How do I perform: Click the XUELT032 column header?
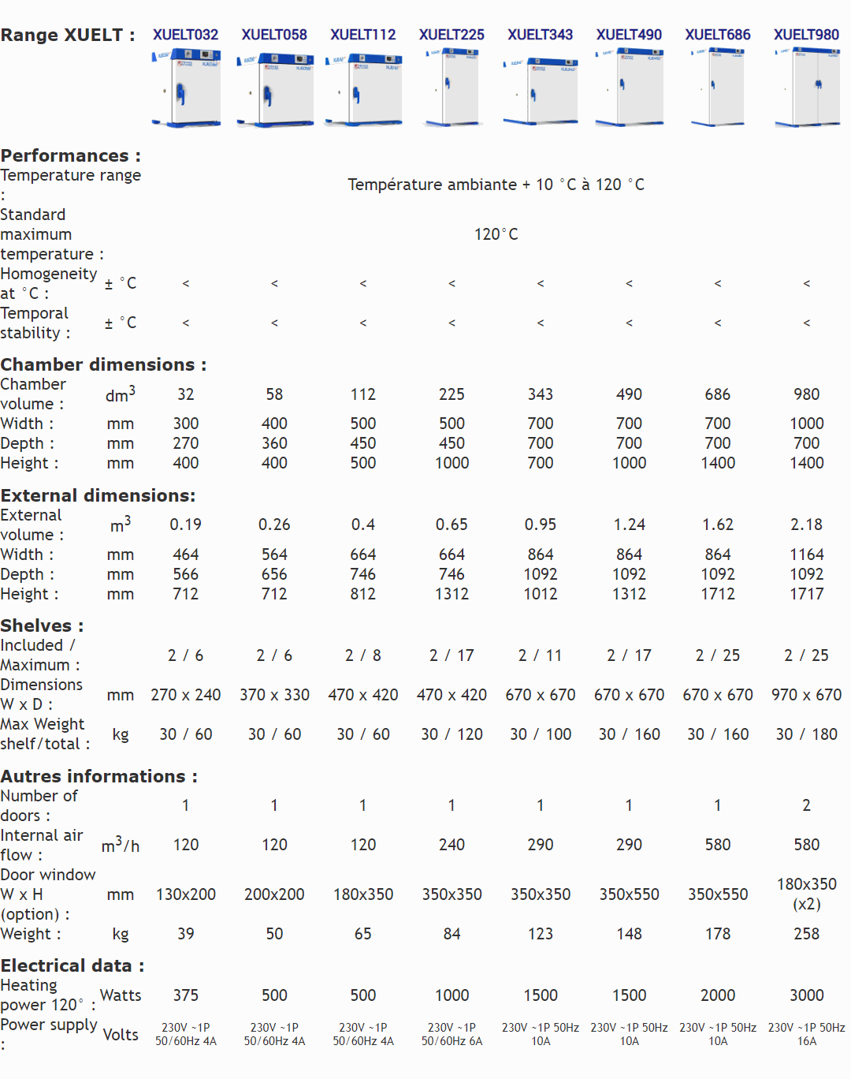[185, 35]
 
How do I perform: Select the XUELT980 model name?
[806, 35]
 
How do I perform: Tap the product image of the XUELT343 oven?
[540, 89]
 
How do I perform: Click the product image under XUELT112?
[363, 88]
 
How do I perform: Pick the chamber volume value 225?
[452, 394]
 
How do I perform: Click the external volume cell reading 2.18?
[806, 525]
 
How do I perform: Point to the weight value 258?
[806, 934]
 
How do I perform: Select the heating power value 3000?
[806, 995]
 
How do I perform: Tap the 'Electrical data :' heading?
[72, 965]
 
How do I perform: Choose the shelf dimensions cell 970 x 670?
[806, 695]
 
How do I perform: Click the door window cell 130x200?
[186, 894]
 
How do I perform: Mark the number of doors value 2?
[806, 805]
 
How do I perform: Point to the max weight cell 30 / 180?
[806, 734]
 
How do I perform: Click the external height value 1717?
[806, 594]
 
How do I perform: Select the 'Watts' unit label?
[121, 995]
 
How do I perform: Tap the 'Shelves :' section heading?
[42, 625]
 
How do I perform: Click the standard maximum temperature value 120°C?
[496, 234]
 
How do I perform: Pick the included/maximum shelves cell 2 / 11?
[540, 655]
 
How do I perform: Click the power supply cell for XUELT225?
[452, 1034]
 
